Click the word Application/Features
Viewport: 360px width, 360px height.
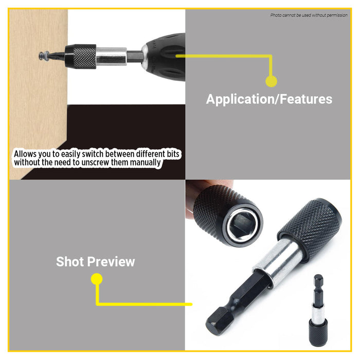click(x=269, y=99)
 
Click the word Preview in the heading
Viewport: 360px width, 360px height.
click(x=114, y=261)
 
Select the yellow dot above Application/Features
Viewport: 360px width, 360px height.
click(x=271, y=81)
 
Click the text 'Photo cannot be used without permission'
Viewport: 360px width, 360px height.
click(x=309, y=15)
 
